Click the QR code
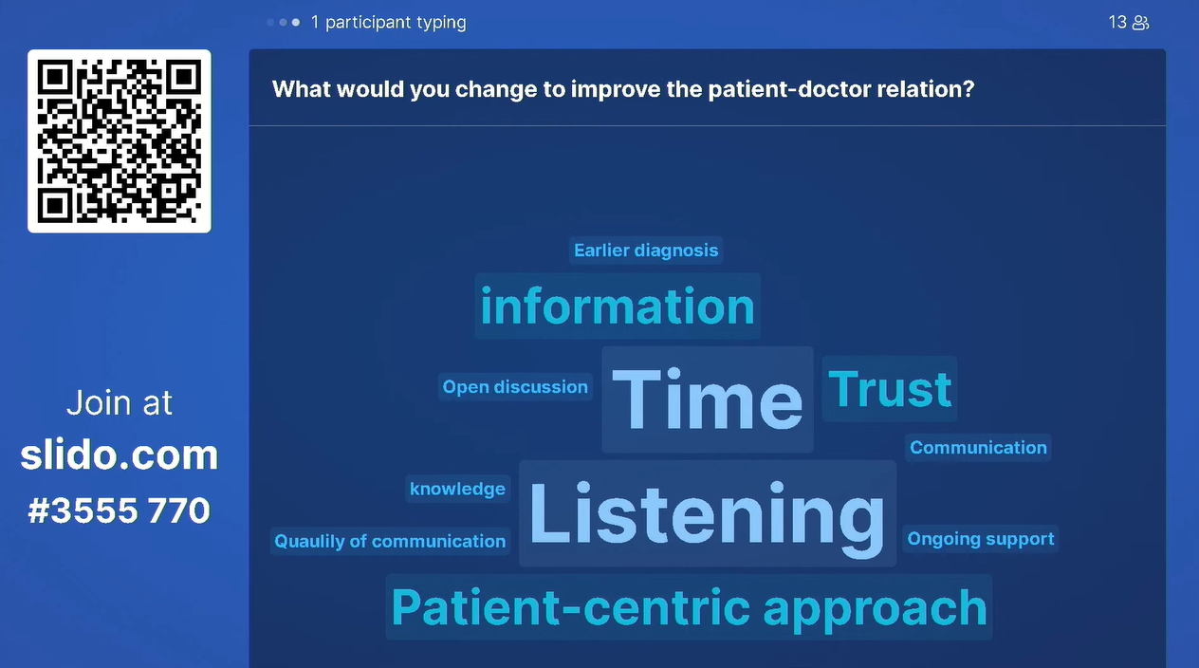click(x=120, y=141)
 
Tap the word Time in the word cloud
click(x=708, y=399)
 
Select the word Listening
click(x=707, y=513)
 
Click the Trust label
click(x=890, y=389)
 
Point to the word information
click(x=618, y=306)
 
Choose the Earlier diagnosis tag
click(x=646, y=250)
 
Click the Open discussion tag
click(x=515, y=386)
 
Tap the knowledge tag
click(x=457, y=489)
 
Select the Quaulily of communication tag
click(x=390, y=541)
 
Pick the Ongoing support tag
click(x=981, y=538)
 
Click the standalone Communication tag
click(x=979, y=448)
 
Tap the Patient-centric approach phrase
click(x=690, y=607)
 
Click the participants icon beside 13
click(x=1140, y=23)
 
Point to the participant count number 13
click(x=1117, y=22)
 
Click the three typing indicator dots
click(x=284, y=22)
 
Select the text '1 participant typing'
click(x=389, y=22)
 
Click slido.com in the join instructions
click(x=120, y=455)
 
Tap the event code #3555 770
click(x=119, y=510)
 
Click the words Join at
click(x=120, y=402)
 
